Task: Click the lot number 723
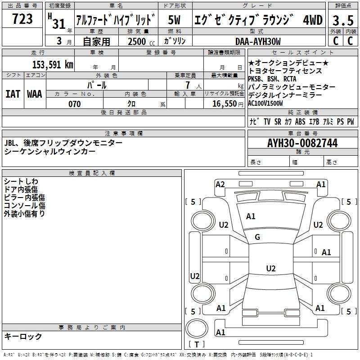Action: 22,19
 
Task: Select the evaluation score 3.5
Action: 343,20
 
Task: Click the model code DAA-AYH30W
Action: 258,41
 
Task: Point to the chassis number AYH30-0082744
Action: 302,143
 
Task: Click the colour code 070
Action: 74,104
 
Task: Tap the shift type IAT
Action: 13,94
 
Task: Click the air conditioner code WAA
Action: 35,94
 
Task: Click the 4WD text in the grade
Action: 312,20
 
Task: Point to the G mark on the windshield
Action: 257,237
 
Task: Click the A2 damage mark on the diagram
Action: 220,184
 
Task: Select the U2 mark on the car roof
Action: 270,269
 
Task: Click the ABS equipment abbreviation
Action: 300,122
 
